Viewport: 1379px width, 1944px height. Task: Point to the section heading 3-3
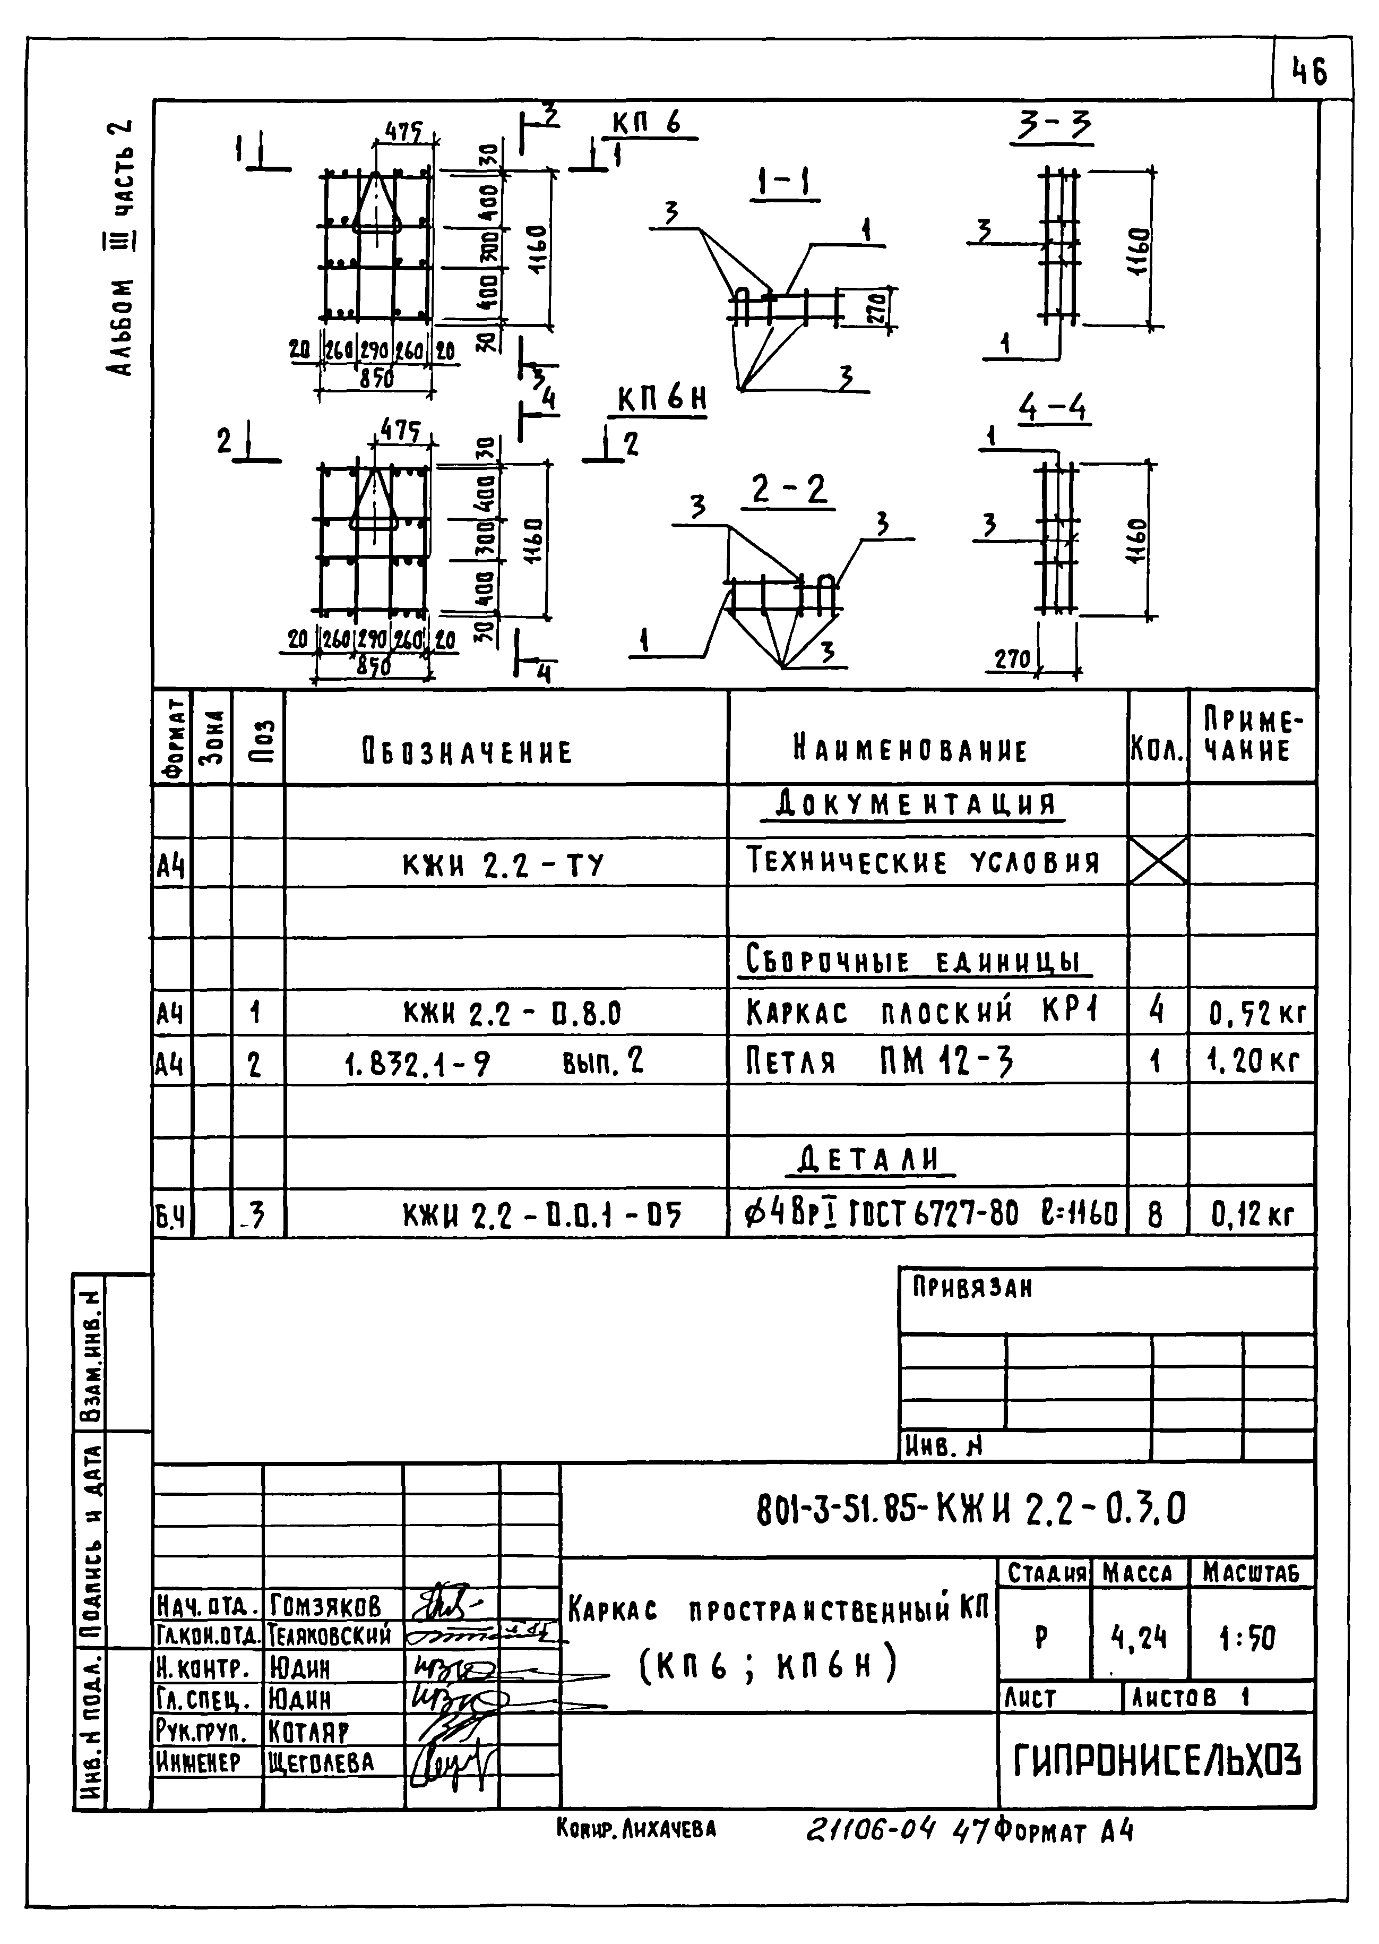coord(1055,127)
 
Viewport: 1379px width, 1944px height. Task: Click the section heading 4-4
coord(1053,409)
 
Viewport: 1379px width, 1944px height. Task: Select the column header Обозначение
coord(467,751)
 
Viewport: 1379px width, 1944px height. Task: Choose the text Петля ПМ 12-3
coord(881,1061)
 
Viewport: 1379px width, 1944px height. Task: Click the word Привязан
coord(972,1288)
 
